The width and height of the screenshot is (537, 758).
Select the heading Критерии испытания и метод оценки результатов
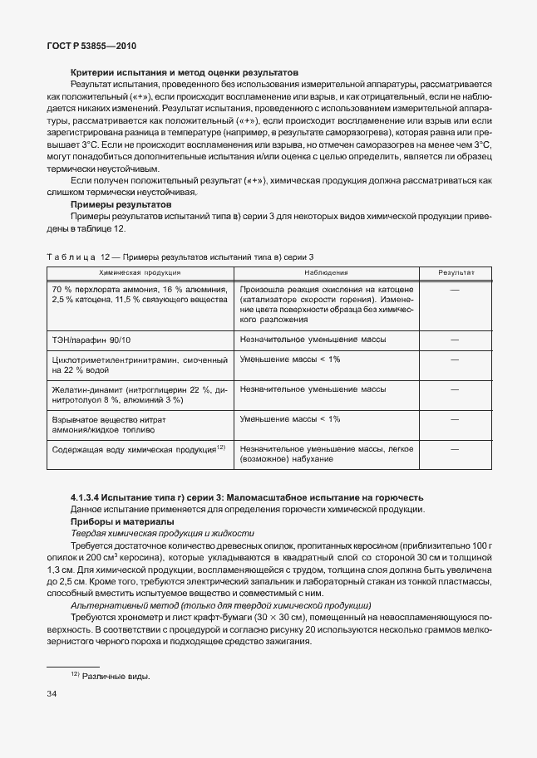(x=185, y=72)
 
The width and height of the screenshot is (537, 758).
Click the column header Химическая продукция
(x=139, y=271)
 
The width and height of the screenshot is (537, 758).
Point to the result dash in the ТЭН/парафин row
(x=454, y=340)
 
